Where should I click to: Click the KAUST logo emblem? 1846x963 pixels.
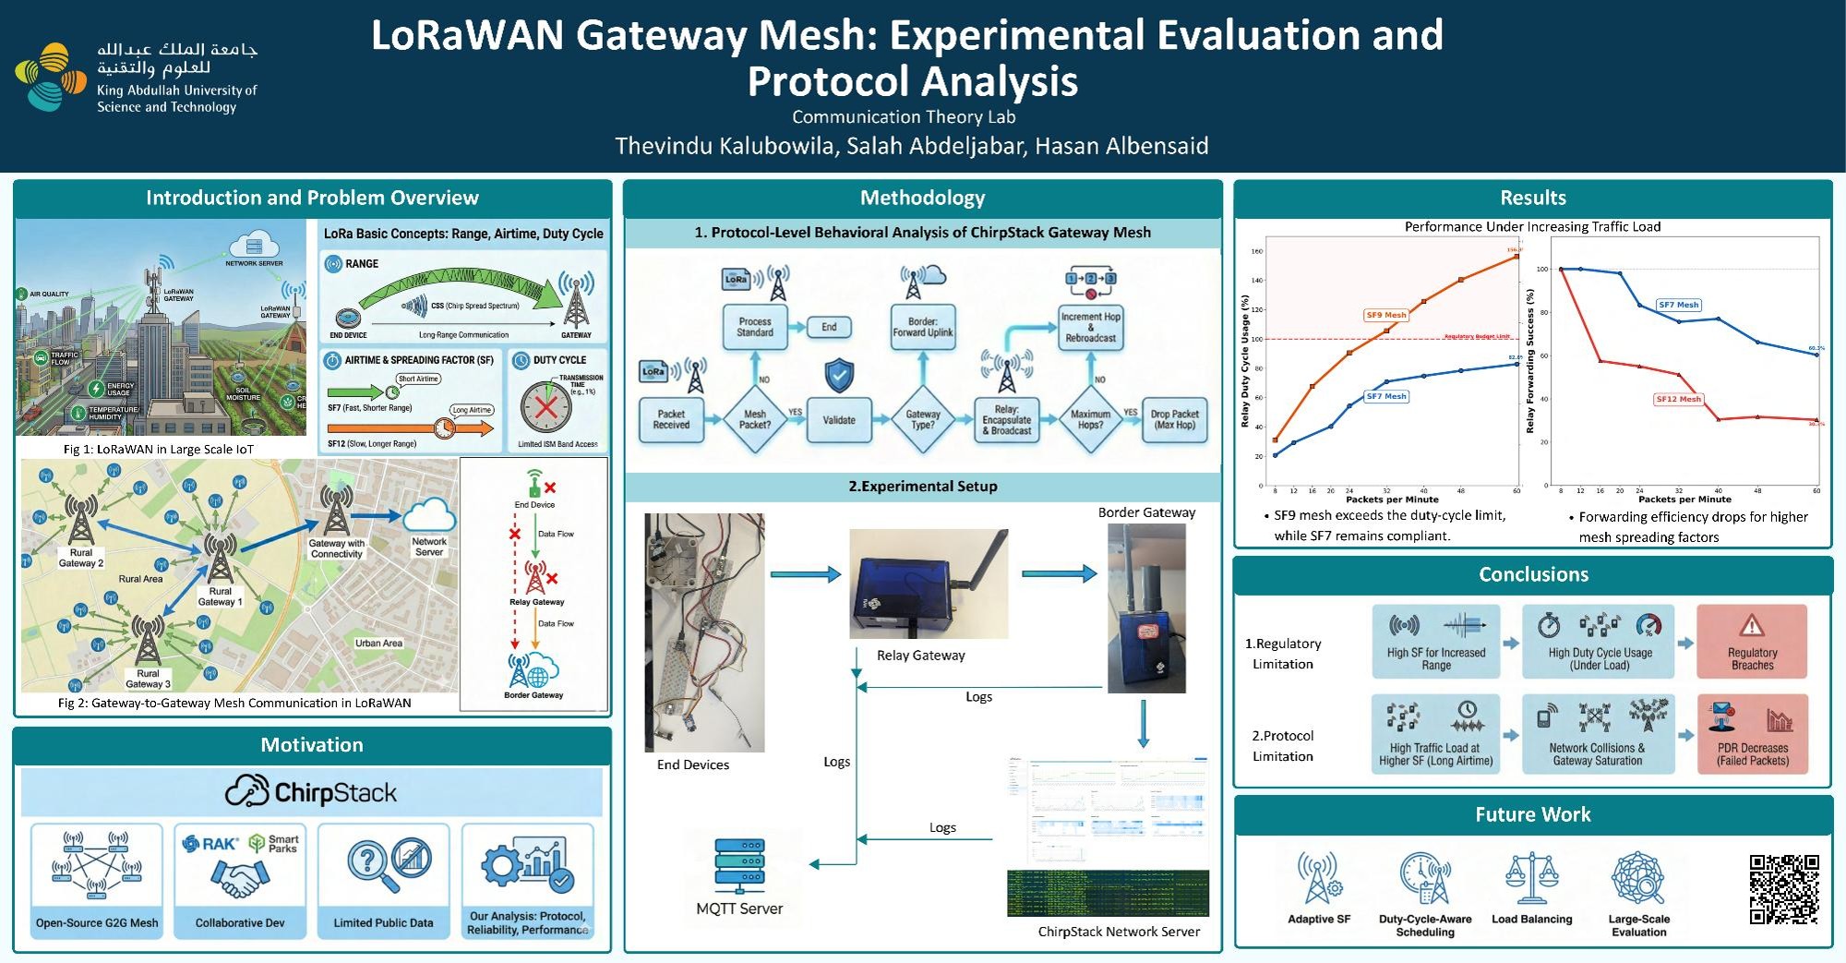tap(51, 77)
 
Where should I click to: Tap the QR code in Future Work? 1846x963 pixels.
tap(1783, 888)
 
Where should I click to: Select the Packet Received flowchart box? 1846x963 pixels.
tap(671, 420)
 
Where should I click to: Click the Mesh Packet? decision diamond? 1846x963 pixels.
tap(755, 420)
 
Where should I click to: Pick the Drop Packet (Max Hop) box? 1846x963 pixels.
tap(1174, 420)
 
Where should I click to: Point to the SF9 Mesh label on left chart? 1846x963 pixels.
tap(1385, 315)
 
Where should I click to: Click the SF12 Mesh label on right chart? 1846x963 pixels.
tap(1678, 399)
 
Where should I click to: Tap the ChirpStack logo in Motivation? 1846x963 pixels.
tap(311, 792)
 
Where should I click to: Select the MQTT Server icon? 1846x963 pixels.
tap(739, 865)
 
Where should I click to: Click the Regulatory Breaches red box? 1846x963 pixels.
tap(1751, 642)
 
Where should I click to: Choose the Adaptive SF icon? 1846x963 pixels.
tap(1319, 877)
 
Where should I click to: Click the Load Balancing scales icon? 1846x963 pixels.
tap(1531, 878)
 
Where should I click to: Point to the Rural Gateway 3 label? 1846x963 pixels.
tap(148, 679)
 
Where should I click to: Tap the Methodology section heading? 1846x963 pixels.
tap(922, 198)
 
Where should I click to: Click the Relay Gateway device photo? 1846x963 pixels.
tap(929, 584)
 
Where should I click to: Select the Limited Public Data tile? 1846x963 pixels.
tap(383, 881)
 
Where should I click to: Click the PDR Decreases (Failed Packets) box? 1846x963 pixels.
tap(1752, 734)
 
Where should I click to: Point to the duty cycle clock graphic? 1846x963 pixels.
tap(545, 407)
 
